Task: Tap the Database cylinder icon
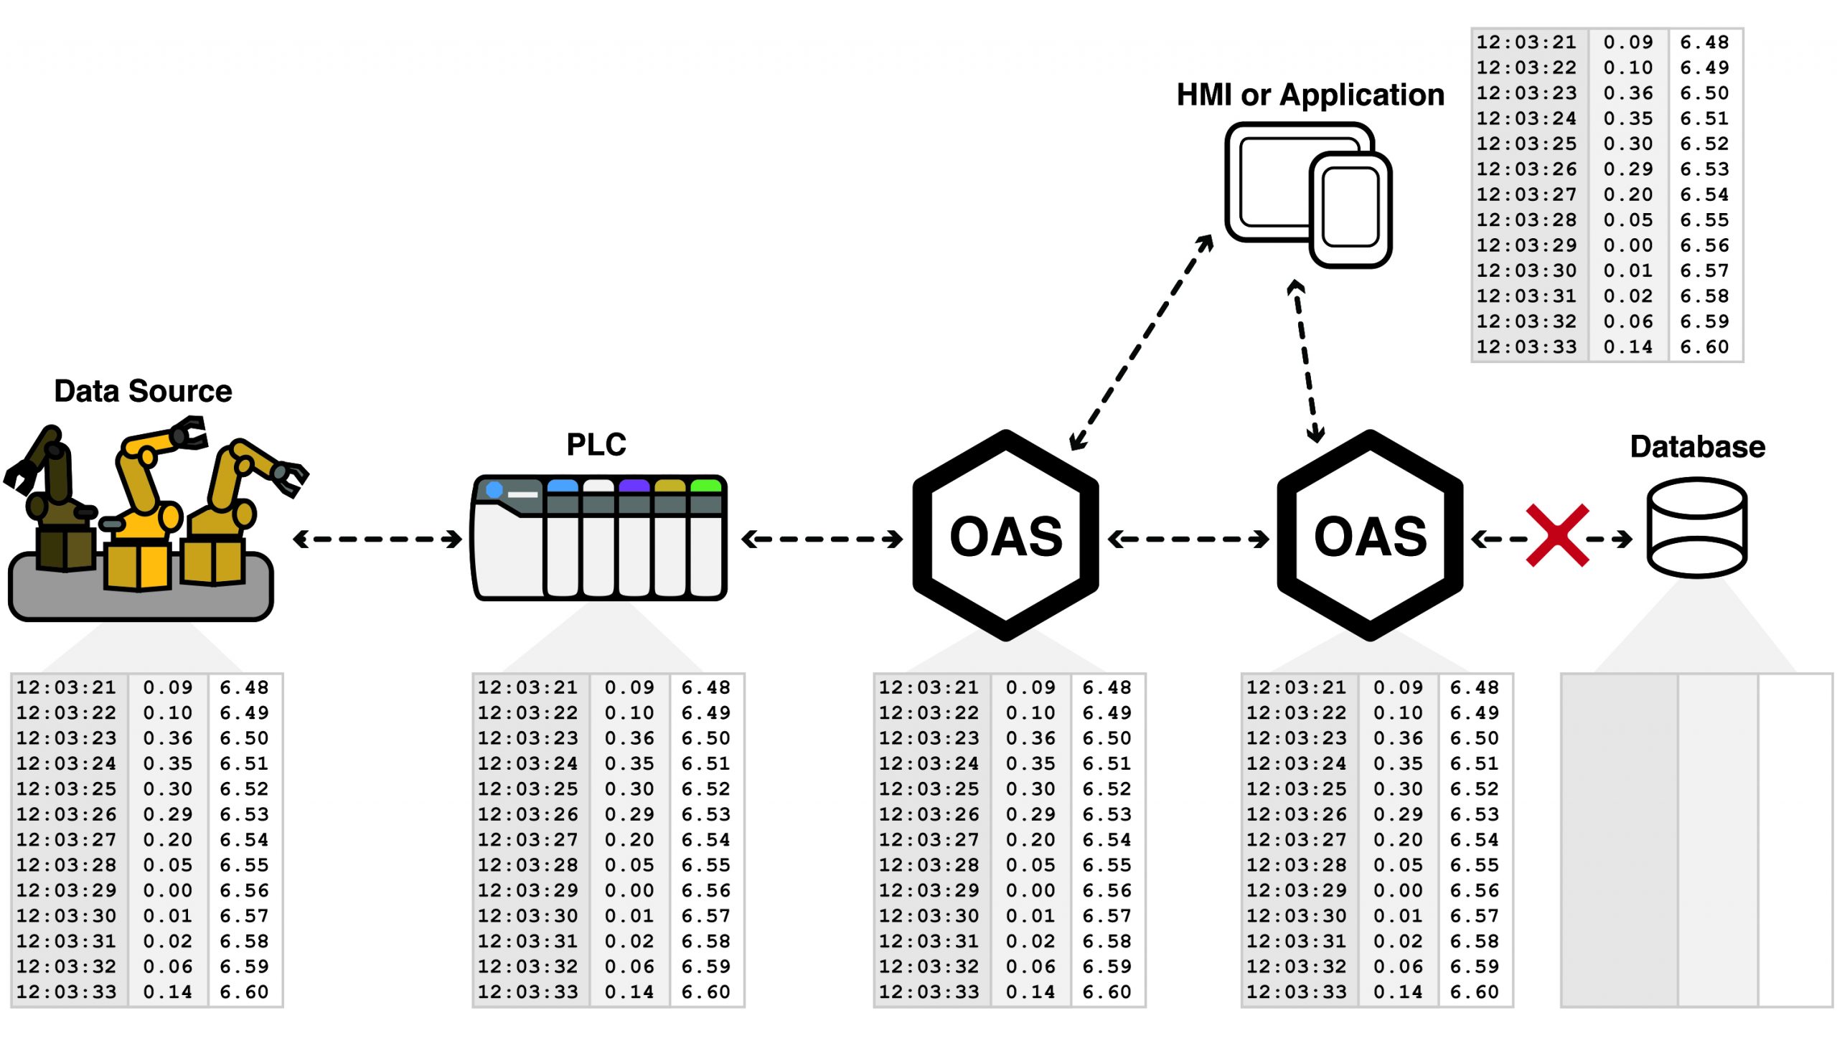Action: pos(1696,528)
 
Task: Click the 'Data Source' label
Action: pos(143,392)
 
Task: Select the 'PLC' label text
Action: pos(596,445)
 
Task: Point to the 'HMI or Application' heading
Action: pos(1310,95)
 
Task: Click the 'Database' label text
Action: pos(1697,447)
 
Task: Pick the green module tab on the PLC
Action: pos(705,486)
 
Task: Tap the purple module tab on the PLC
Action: pos(634,486)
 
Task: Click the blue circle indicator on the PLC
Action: pos(494,490)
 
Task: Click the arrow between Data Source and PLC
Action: pos(377,539)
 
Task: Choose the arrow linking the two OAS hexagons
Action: pos(1188,539)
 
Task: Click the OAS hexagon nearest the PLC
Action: pos(1005,535)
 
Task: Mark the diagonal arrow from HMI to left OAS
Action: pos(1141,343)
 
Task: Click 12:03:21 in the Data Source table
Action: pos(66,687)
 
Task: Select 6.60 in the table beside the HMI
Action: pos(1704,347)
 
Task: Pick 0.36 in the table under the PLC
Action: pos(629,738)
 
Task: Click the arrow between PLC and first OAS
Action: pos(822,539)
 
